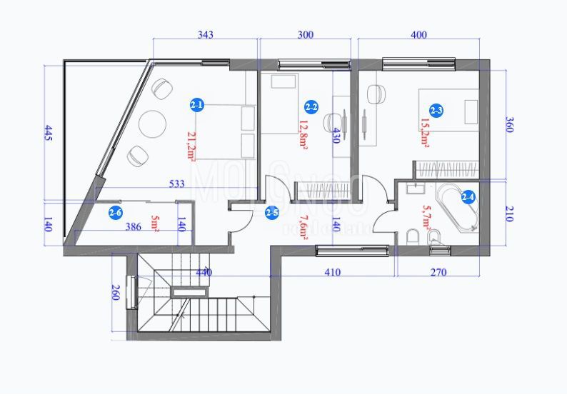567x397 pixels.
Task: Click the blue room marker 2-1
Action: click(x=197, y=106)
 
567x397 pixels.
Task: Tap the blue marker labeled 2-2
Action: click(x=311, y=107)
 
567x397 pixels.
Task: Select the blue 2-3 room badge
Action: click(x=436, y=110)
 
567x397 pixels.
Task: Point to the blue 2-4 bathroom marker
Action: click(x=469, y=196)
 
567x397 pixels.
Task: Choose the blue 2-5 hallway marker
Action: click(x=271, y=212)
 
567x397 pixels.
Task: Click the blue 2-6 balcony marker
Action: click(x=116, y=212)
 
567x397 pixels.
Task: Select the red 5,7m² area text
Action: click(x=427, y=218)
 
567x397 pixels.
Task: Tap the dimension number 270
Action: click(x=438, y=272)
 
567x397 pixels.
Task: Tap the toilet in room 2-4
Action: click(x=413, y=236)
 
